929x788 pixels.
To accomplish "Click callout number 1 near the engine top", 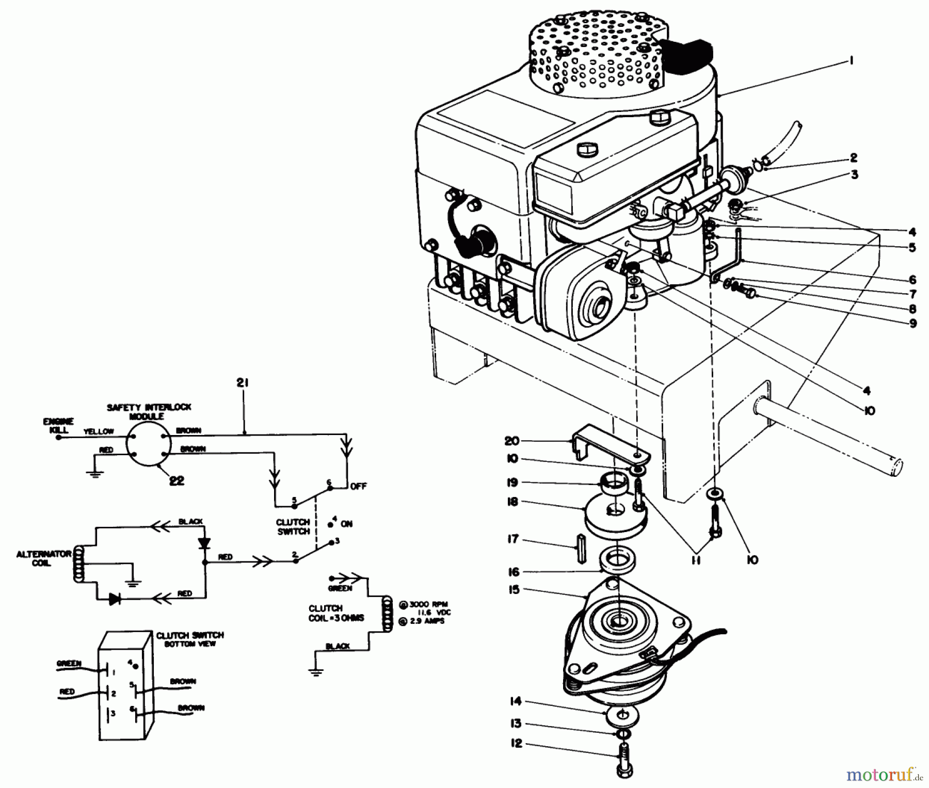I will (850, 61).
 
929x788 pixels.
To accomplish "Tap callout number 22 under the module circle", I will (177, 480).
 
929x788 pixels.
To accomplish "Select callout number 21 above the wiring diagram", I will (243, 383).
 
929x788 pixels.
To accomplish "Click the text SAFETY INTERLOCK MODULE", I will (149, 411).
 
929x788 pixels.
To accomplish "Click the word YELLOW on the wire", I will (99, 431).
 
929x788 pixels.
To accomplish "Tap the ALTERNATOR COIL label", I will (43, 558).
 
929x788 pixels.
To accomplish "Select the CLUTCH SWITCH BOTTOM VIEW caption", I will (190, 639).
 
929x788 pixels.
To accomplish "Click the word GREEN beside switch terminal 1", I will (69, 664).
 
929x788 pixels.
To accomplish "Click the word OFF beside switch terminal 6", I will (358, 487).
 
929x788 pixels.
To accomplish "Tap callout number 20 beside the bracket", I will (511, 441).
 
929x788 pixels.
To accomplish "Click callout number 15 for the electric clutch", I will (514, 589).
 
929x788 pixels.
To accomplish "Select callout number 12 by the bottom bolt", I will (516, 743).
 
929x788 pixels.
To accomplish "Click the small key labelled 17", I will (581, 549).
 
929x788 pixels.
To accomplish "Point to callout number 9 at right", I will (912, 324).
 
